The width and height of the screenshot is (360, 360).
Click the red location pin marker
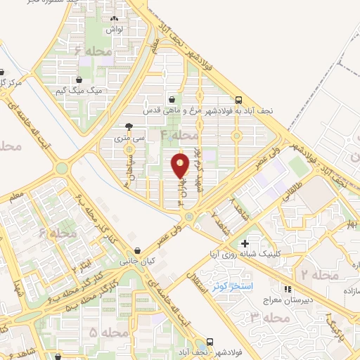click(181, 166)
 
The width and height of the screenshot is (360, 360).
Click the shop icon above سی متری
click(128, 127)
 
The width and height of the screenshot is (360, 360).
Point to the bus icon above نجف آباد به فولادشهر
click(239, 100)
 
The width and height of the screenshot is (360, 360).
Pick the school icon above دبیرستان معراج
click(287, 288)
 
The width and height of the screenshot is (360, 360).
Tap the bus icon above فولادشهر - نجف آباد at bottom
click(210, 342)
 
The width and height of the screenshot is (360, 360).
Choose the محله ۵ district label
click(107, 331)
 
